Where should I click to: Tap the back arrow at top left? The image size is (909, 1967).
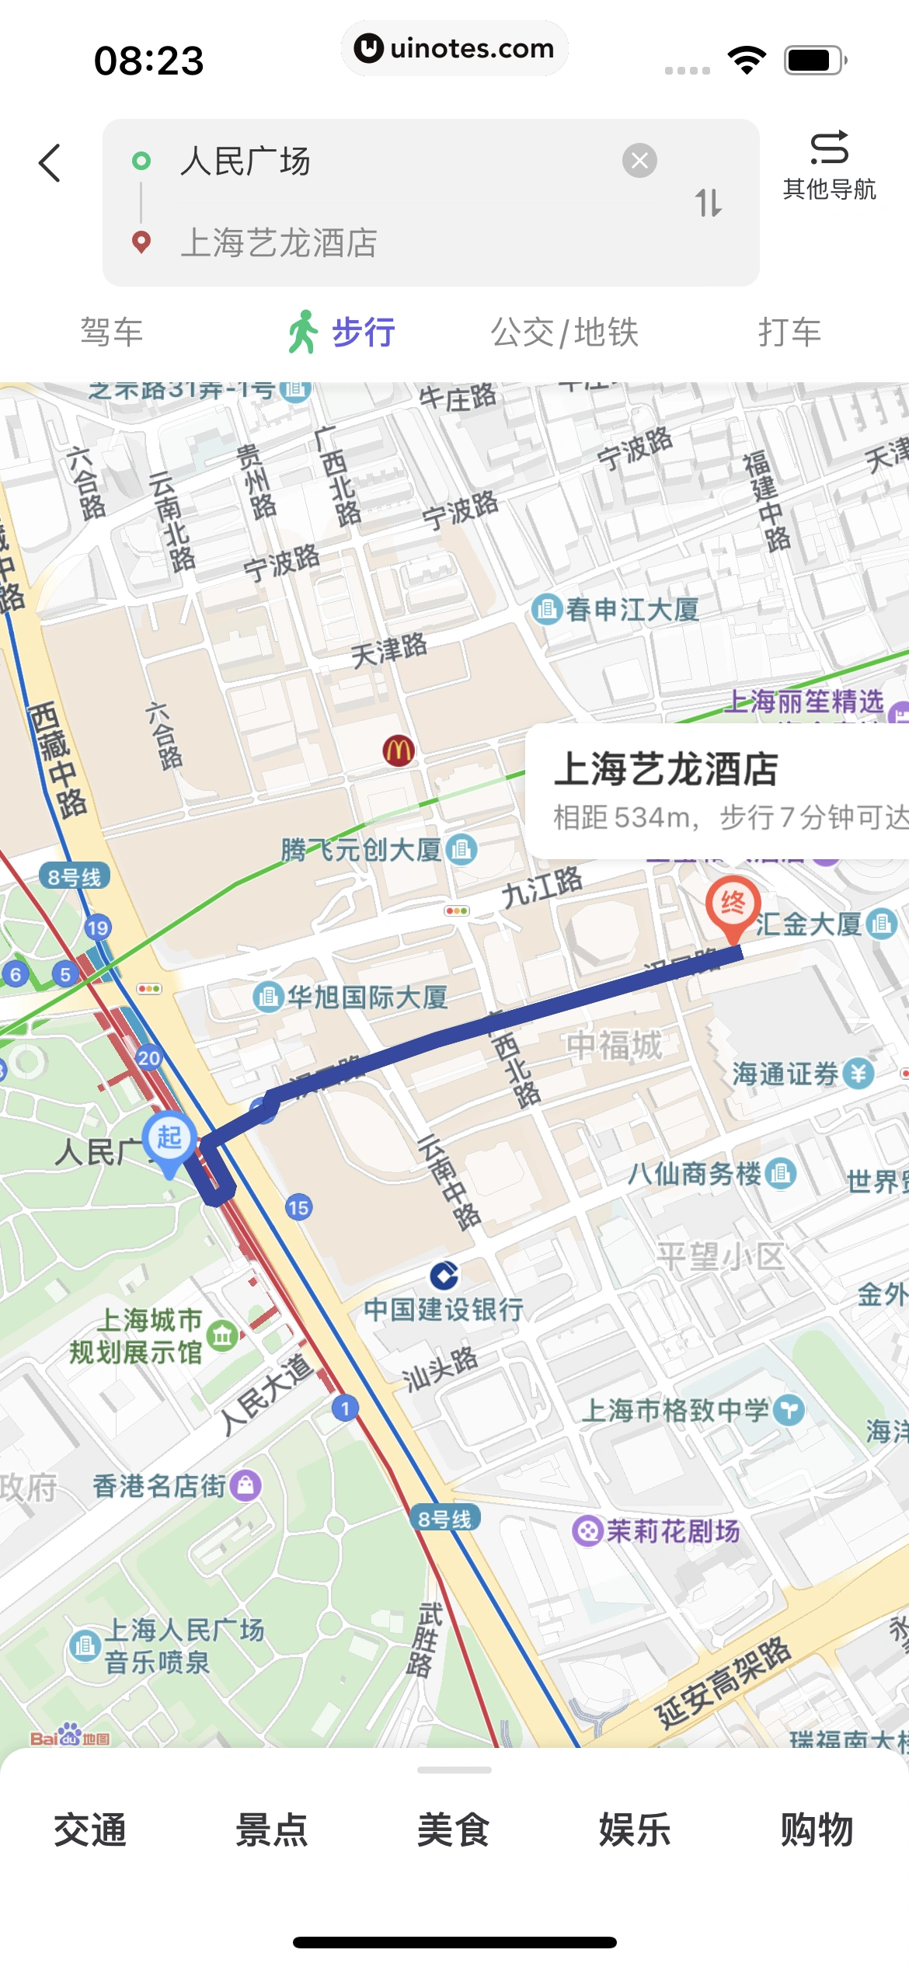pos(50,163)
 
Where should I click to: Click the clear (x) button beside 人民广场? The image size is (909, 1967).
pos(639,161)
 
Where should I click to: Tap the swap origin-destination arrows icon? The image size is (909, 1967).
pos(708,203)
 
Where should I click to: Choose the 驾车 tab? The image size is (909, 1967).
pos(112,332)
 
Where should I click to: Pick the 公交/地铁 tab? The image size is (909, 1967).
pos(564,332)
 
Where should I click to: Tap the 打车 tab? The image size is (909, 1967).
pos(789,332)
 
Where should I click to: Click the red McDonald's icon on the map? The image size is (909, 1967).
pos(399,750)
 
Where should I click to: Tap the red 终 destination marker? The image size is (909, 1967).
pos(732,903)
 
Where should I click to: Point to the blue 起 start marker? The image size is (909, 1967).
pos(169,1139)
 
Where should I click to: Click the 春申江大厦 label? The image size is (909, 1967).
pos(631,610)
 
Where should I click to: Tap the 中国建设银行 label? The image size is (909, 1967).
pos(444,1310)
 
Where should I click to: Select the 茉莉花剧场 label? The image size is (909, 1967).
pos(672,1531)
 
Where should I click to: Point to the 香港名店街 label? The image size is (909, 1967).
pos(160,1486)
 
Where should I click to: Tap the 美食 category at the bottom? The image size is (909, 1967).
pos(454,1830)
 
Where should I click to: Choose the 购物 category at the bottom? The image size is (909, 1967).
pos(817,1830)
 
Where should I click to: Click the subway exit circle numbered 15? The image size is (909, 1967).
pos(298,1207)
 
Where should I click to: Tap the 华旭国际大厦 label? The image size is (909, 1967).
pos(367,997)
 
